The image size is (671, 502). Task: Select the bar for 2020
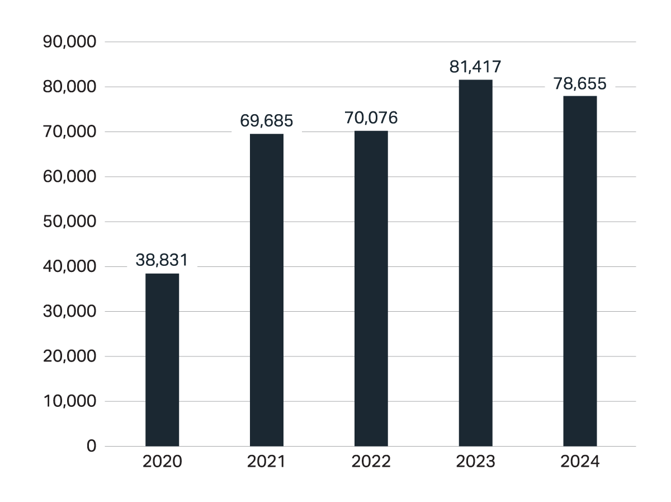tap(162, 359)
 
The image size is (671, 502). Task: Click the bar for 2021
tap(267, 289)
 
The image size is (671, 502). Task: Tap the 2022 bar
tap(371, 288)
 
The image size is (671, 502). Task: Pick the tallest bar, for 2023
tap(475, 262)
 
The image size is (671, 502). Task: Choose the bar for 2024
tap(580, 271)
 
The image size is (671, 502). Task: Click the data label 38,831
tap(162, 260)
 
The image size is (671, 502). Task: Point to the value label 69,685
tap(267, 120)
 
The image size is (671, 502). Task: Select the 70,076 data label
tap(371, 118)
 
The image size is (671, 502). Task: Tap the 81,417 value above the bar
tap(475, 67)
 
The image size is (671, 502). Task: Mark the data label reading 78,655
tap(580, 84)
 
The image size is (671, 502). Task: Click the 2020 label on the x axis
tap(162, 462)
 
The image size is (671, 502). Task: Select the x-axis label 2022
tap(371, 462)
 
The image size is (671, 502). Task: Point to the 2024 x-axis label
tap(580, 462)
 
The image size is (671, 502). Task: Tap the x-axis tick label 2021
tap(267, 462)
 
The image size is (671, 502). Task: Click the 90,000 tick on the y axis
tap(70, 42)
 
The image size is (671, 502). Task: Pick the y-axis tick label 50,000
tap(70, 222)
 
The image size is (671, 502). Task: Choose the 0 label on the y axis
tap(91, 446)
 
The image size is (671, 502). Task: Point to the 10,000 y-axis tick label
tap(70, 401)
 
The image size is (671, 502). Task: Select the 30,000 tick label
tap(70, 311)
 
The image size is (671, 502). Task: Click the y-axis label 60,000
tap(70, 177)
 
